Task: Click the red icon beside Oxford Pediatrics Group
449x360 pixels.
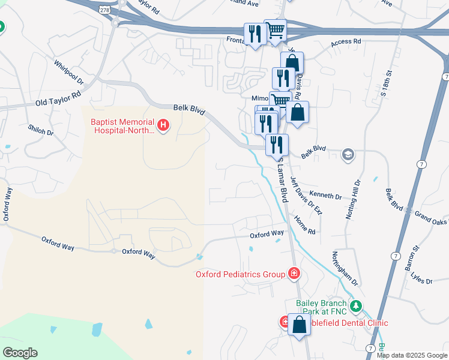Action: point(294,274)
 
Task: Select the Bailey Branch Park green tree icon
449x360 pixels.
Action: point(356,307)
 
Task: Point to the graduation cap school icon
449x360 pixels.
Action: point(347,155)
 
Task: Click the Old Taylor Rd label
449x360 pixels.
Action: point(58,99)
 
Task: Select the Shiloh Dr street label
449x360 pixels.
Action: point(41,136)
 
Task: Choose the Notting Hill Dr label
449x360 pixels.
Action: point(352,200)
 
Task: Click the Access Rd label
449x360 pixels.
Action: point(346,43)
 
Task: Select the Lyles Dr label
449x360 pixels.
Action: point(421,278)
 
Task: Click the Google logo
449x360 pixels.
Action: point(20,353)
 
